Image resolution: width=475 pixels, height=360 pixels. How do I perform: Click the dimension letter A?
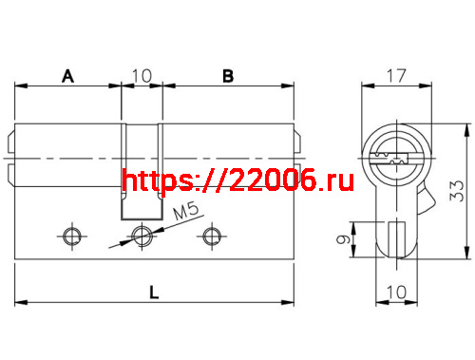click(x=68, y=77)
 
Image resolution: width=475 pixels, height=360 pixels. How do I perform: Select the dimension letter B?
click(x=227, y=77)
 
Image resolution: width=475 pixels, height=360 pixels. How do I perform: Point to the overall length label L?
click(x=154, y=294)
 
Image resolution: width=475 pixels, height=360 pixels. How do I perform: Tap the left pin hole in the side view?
click(x=70, y=235)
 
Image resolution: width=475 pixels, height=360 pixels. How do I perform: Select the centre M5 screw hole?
click(x=142, y=235)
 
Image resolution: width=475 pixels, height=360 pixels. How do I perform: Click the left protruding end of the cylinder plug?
click(x=11, y=156)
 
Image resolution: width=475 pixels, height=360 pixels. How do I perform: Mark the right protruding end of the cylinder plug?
click(x=298, y=156)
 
